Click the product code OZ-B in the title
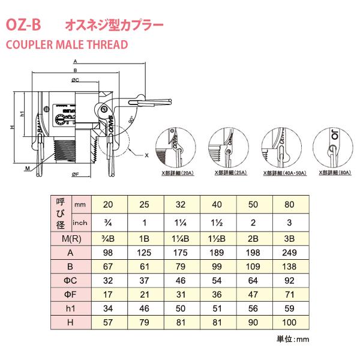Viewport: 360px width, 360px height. (23, 25)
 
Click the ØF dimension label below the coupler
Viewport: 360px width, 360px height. (76, 174)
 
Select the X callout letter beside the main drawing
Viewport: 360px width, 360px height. (146, 154)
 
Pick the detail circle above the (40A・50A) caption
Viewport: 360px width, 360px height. (280, 146)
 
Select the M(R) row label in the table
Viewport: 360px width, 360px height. (67, 238)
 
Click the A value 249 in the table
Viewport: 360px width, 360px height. (290, 253)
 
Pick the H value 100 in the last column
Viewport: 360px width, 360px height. (290, 323)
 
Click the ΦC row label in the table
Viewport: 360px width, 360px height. (67, 281)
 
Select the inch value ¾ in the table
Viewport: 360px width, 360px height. (108, 223)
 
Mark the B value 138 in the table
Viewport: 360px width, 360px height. (290, 267)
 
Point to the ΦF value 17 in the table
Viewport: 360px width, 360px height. (108, 295)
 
